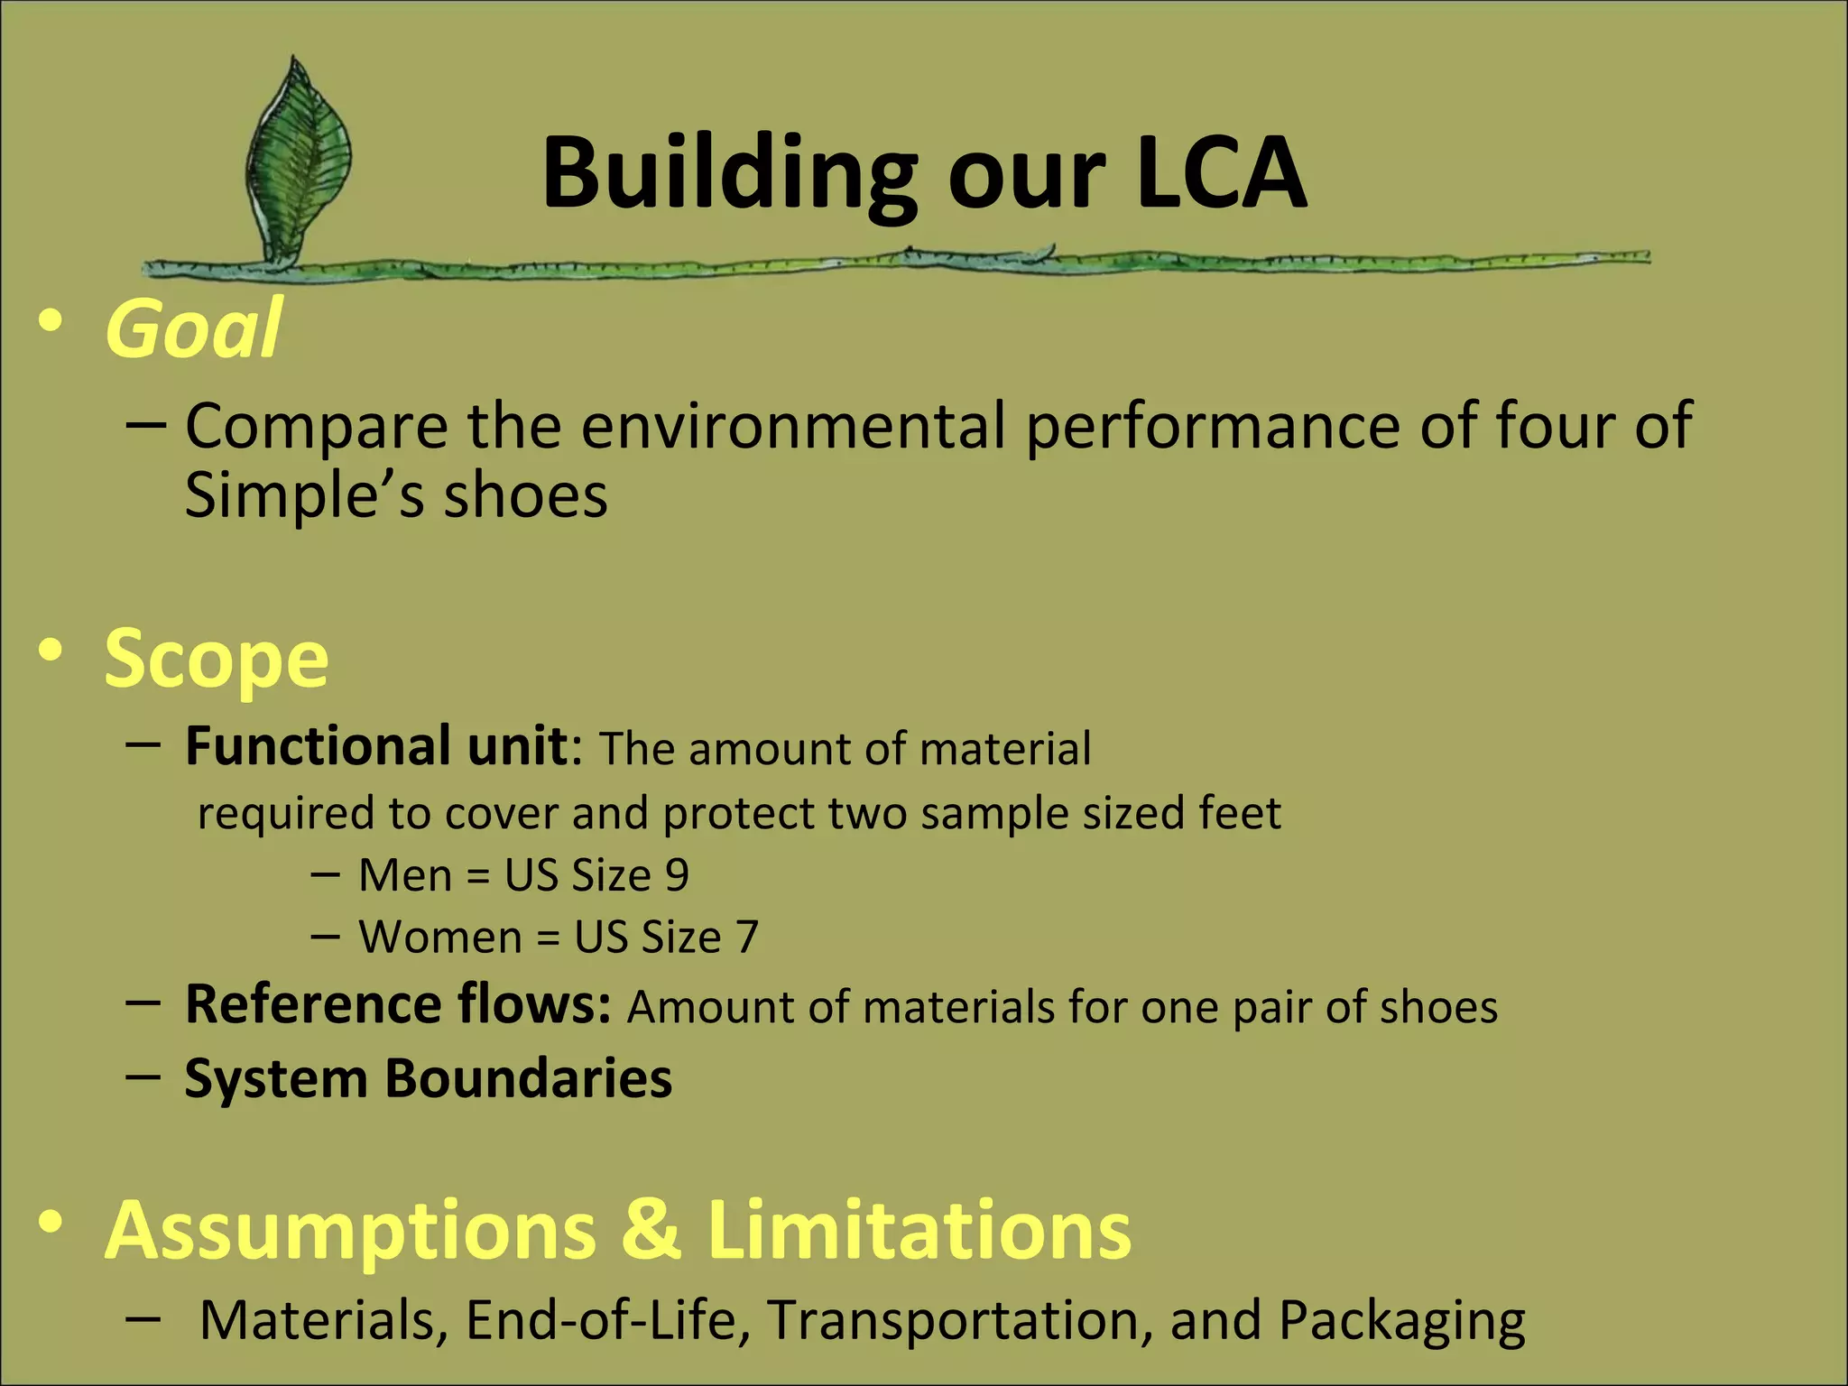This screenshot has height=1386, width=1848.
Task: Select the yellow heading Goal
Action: coord(193,328)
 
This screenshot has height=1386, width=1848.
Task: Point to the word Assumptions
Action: coord(350,1233)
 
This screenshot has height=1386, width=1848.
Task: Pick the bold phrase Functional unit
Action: coord(375,746)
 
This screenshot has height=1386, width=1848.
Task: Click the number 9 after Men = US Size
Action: coord(677,875)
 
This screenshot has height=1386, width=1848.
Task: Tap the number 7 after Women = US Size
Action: coord(747,938)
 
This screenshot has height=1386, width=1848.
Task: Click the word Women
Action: coord(440,938)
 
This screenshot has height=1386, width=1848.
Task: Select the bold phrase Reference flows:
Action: coord(398,1004)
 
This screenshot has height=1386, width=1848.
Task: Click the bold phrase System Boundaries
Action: coord(429,1077)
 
